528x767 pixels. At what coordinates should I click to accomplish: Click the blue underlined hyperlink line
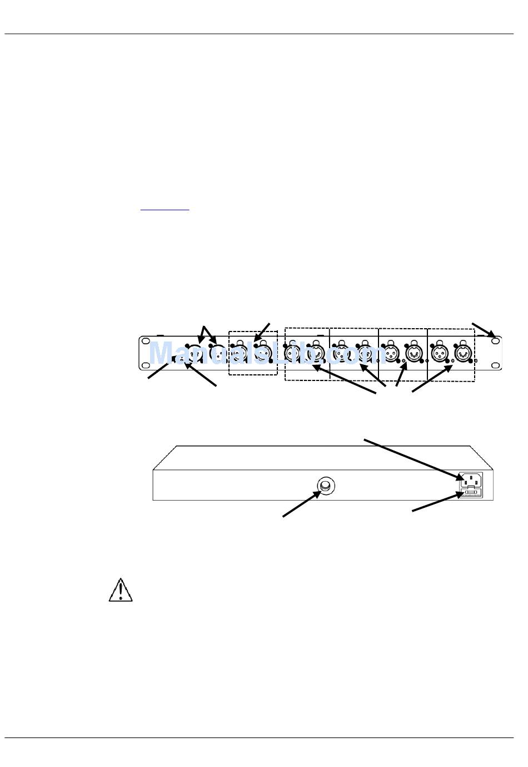tap(165, 210)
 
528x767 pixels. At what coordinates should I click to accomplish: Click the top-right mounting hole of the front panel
tap(495, 341)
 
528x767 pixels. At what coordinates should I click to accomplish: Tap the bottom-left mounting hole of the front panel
tap(146, 365)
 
